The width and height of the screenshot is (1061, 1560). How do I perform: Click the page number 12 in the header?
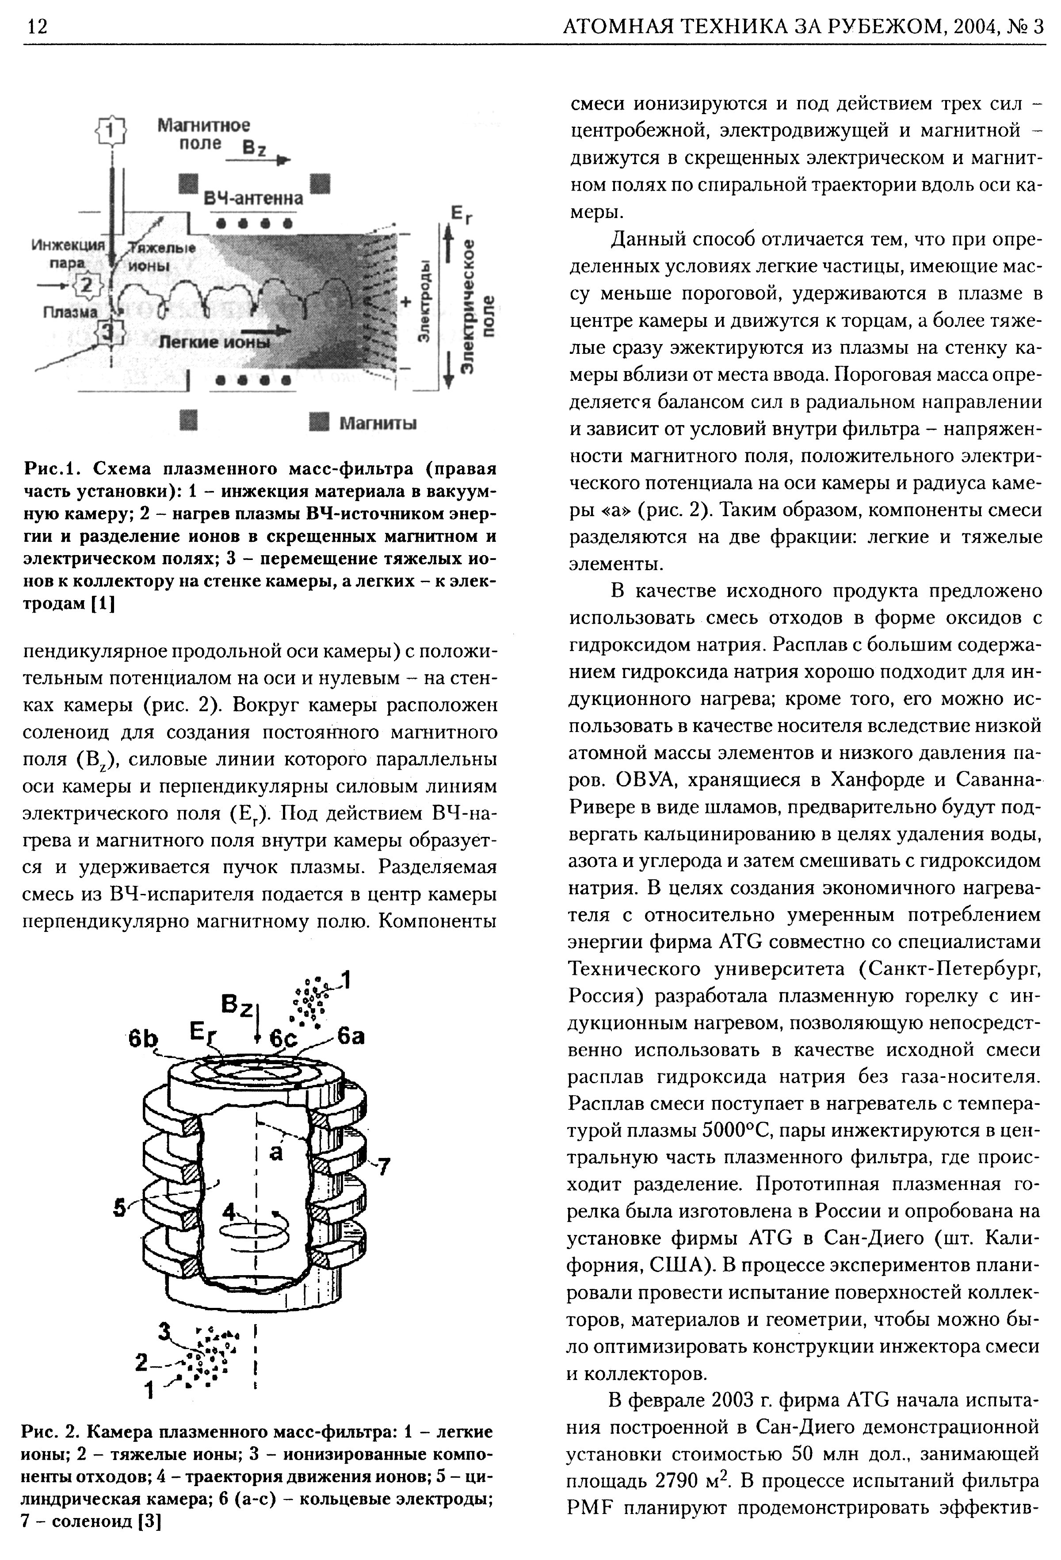[36, 27]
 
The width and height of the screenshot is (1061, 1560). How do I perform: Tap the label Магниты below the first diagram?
[378, 424]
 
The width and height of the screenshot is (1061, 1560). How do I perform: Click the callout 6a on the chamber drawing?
[350, 1037]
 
